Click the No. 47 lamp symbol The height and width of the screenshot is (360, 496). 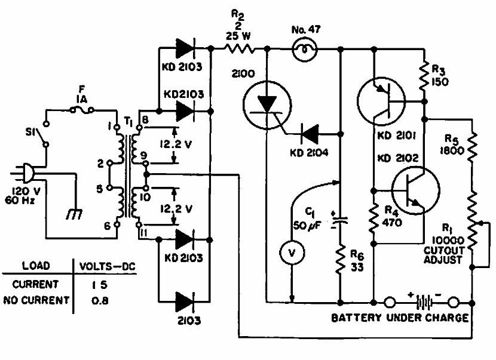[305, 50]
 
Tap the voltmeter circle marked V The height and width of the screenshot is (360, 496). [292, 253]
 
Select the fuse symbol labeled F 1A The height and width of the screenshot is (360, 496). [82, 110]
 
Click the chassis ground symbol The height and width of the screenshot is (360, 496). [75, 214]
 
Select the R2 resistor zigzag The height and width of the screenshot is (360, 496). [240, 49]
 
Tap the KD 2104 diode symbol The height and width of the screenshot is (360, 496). [309, 134]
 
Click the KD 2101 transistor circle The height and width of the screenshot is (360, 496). [381, 101]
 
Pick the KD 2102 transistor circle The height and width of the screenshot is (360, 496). [415, 190]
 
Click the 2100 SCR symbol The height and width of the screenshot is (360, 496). [267, 105]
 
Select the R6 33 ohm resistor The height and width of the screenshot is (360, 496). [341, 260]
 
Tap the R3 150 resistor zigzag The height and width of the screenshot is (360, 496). [424, 76]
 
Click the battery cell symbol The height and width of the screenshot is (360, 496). [424, 303]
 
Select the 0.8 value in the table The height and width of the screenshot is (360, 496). [100, 300]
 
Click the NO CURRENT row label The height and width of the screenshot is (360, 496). [36, 300]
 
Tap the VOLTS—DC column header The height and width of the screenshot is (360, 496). [107, 266]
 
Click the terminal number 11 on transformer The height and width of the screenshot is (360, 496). [143, 233]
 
